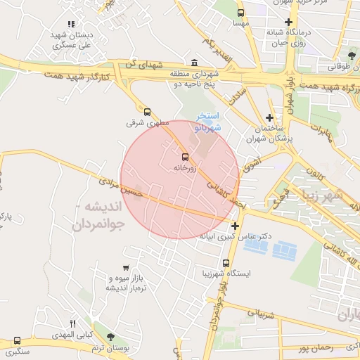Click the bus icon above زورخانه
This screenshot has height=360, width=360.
coord(185,157)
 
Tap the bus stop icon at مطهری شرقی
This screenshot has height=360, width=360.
coord(147,111)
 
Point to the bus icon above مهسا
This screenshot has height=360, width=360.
coord(241,13)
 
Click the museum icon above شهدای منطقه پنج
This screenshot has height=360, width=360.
coord(194,63)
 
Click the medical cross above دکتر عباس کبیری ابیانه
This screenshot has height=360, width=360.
coord(235,226)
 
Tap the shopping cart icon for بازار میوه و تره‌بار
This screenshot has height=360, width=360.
coord(125,268)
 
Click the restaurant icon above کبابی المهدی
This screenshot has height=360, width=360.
coord(72,323)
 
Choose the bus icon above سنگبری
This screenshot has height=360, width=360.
coord(17,341)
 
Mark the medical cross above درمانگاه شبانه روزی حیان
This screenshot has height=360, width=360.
coord(288,22)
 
